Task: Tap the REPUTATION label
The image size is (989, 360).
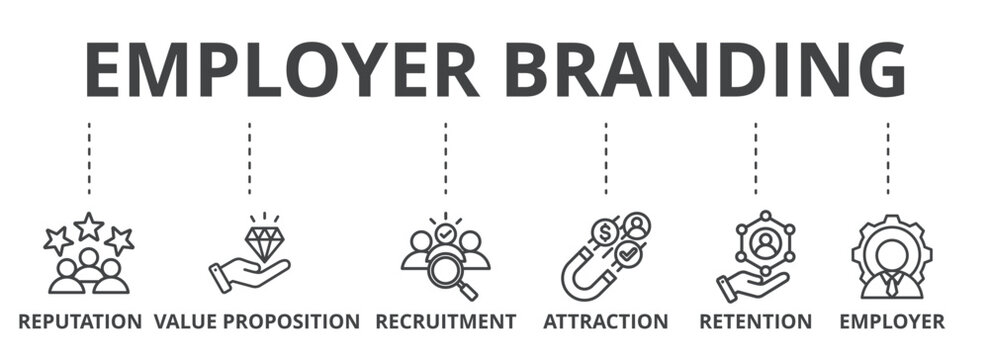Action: point(80,322)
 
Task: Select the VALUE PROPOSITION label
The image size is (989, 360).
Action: point(257,322)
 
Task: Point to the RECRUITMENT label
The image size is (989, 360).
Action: point(446,322)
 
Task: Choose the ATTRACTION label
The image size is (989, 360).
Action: point(605,322)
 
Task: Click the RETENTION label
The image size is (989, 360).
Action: point(755,322)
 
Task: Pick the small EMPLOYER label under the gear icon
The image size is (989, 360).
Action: point(891,322)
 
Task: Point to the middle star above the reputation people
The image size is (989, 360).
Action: point(89,226)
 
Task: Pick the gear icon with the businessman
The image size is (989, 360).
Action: point(891,256)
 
